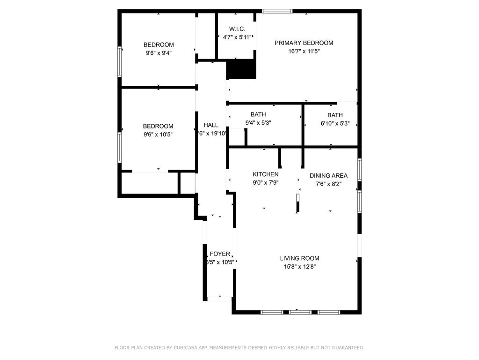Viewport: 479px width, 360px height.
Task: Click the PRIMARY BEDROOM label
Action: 304,43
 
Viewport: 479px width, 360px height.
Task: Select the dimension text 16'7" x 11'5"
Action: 304,52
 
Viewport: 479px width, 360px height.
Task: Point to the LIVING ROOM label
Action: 299,258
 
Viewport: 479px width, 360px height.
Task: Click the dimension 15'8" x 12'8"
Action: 299,267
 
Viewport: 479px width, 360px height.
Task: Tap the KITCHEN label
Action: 266,174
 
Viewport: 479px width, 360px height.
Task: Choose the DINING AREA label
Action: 328,176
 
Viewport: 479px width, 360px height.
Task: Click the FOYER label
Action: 220,254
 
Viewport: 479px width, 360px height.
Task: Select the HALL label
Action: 211,125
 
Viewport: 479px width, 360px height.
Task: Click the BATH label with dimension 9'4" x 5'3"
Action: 258,114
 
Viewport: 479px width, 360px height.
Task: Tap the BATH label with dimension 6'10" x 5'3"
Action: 335,115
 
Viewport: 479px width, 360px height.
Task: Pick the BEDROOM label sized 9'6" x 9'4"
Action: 158,45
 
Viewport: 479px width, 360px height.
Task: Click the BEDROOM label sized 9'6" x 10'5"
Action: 158,126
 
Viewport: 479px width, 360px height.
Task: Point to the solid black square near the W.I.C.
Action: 241,69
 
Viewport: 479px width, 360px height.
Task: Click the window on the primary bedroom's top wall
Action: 277,11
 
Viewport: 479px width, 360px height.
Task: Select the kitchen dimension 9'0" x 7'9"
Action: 266,183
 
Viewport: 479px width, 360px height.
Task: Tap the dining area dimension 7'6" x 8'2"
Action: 328,184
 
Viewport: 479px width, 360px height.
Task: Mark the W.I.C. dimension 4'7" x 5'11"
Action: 237,37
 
